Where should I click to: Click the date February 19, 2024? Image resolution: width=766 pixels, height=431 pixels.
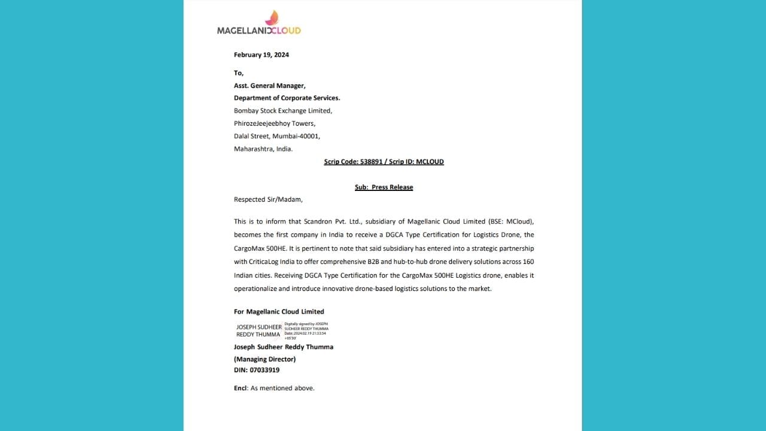pyautogui.click(x=261, y=55)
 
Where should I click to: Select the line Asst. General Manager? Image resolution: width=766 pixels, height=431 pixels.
pyautogui.click(x=269, y=86)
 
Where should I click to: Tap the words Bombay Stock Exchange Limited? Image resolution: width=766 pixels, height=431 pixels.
pyautogui.click(x=282, y=111)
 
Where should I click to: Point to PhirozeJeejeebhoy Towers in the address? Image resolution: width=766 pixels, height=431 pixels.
pyautogui.click(x=274, y=123)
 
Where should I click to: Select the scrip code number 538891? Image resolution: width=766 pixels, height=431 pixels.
pyautogui.click(x=370, y=162)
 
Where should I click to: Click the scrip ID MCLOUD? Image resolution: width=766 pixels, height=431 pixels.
pyautogui.click(x=430, y=162)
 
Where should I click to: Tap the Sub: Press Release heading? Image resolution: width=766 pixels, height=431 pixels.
pyautogui.click(x=384, y=187)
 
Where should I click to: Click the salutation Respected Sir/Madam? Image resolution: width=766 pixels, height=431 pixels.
pyautogui.click(x=268, y=199)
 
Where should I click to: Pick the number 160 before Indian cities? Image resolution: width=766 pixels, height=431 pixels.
pyautogui.click(x=528, y=262)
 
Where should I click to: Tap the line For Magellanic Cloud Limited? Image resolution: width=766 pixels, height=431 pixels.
pyautogui.click(x=279, y=312)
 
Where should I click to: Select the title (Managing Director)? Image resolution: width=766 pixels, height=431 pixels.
pyautogui.click(x=265, y=359)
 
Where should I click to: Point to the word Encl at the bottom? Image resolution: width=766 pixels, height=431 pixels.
pyautogui.click(x=240, y=388)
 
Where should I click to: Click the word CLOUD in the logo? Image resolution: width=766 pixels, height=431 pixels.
pyautogui.click(x=285, y=31)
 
